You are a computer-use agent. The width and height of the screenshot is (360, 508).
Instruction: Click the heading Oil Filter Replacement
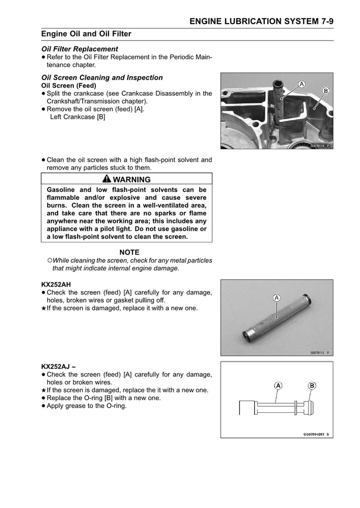coord(80,49)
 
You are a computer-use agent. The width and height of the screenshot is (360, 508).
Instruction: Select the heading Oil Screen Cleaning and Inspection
coord(102,78)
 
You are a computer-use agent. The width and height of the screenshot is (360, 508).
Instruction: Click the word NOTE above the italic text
coord(129,252)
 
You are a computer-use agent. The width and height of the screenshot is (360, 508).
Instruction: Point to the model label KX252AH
coord(56,284)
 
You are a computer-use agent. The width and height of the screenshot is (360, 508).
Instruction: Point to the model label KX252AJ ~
coord(58,366)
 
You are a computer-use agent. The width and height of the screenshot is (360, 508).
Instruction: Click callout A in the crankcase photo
coord(302,84)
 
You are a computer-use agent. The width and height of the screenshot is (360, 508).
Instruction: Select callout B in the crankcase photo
coord(325,91)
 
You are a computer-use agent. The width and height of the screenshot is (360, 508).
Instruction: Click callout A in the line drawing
coord(277,385)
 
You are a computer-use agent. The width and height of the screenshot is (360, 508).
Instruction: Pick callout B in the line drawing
coord(312,385)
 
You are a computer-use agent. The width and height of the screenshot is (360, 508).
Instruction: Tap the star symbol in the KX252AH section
coord(44,308)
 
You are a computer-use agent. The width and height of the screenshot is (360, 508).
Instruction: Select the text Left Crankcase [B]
coord(78,117)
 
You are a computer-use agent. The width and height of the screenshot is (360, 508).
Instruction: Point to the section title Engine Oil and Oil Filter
coord(86,34)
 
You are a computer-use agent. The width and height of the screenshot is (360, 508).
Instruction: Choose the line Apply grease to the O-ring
coord(86,406)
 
